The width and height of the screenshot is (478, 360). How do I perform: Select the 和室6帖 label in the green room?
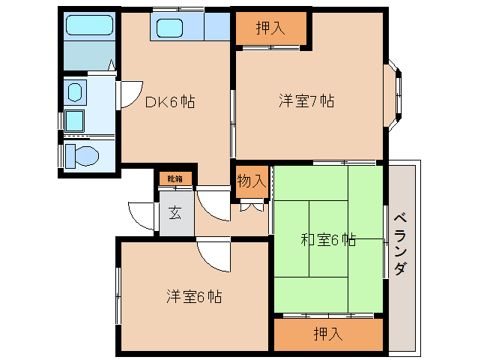328,240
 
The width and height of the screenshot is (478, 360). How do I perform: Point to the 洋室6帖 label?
193,296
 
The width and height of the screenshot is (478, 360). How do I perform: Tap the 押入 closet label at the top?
270,29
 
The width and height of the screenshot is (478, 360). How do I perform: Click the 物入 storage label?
251,180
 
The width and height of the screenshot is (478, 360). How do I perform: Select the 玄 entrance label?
175,212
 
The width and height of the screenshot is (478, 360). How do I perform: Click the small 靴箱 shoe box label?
175,178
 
